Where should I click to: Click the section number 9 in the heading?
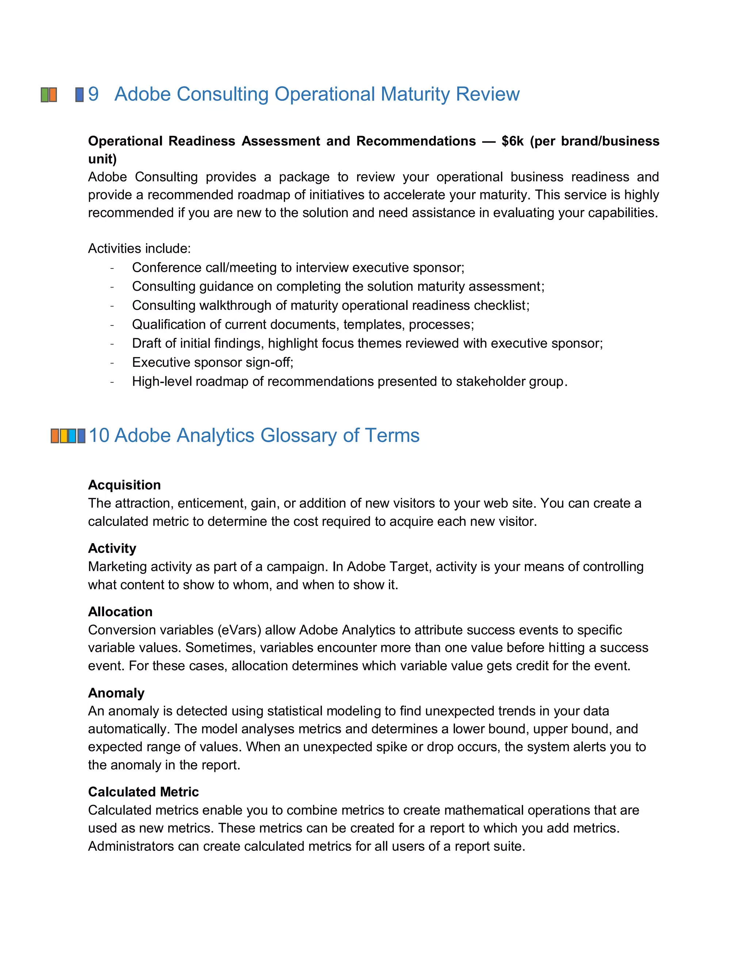tap(93, 94)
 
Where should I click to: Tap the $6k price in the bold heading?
tap(512, 141)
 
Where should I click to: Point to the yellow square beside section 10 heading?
tap(64, 436)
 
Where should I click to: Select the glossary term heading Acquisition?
tap(124, 484)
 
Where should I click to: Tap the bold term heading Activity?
tap(112, 548)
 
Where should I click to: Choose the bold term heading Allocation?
tap(120, 611)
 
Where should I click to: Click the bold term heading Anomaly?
tap(116, 692)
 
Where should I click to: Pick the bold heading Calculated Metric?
tap(143, 791)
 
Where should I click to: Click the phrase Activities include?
tap(139, 248)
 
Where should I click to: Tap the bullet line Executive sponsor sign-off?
tap(213, 362)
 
